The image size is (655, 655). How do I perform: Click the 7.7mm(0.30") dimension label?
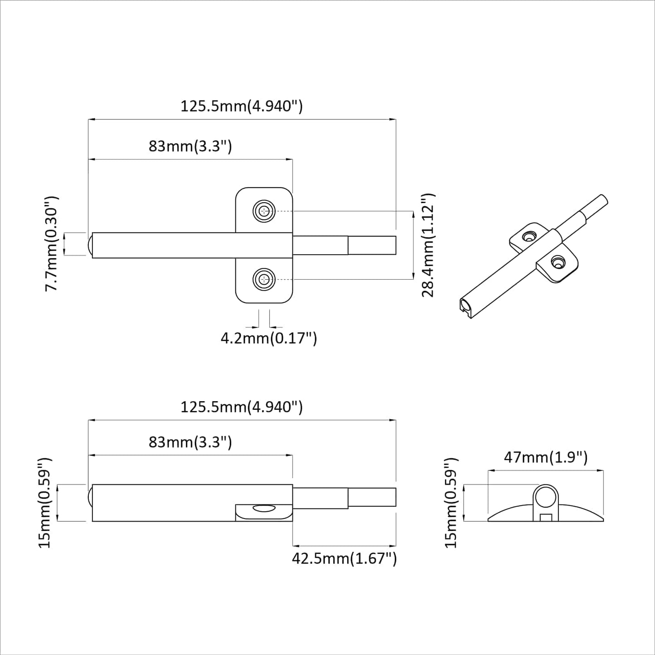click(x=52, y=244)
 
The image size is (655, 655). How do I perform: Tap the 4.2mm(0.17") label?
click(x=269, y=338)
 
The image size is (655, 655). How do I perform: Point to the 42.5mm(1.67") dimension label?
click(x=344, y=558)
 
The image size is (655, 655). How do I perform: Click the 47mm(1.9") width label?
click(x=545, y=457)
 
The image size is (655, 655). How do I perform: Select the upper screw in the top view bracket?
click(x=264, y=211)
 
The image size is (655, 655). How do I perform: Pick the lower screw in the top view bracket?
click(x=264, y=279)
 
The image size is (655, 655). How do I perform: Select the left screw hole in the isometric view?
click(x=528, y=236)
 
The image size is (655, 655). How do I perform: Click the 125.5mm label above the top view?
click(x=242, y=106)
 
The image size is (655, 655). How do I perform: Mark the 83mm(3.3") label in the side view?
click(x=190, y=442)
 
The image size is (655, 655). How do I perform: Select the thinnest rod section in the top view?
click(x=372, y=245)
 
